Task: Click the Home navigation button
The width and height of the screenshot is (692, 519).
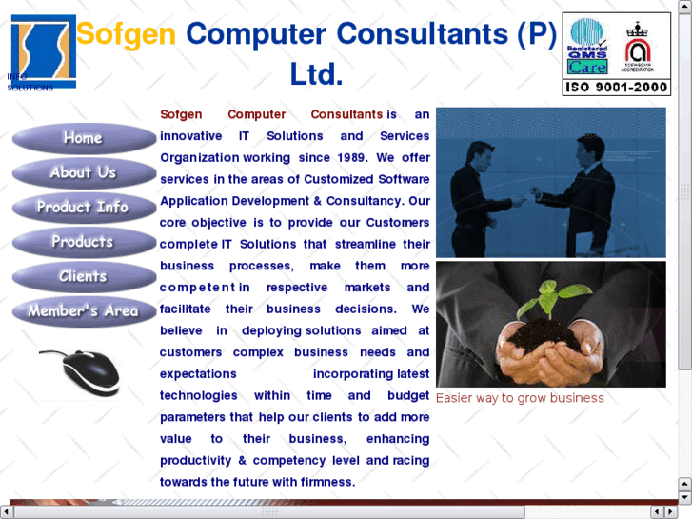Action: click(83, 138)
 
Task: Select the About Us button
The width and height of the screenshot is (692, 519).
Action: click(83, 172)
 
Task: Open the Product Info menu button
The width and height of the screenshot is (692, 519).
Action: click(83, 207)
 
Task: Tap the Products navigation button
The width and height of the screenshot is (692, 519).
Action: click(83, 242)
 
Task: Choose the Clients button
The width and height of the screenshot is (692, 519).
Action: click(83, 276)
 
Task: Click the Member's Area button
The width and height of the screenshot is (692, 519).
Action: click(83, 310)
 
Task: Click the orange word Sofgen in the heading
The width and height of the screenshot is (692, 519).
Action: click(126, 34)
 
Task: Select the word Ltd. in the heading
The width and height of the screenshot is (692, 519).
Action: click(316, 74)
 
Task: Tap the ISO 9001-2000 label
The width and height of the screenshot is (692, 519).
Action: click(617, 88)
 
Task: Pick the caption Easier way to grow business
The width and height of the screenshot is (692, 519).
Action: click(520, 398)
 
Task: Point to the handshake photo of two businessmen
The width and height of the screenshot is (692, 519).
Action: click(551, 182)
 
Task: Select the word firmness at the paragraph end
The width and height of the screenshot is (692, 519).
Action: click(326, 482)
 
